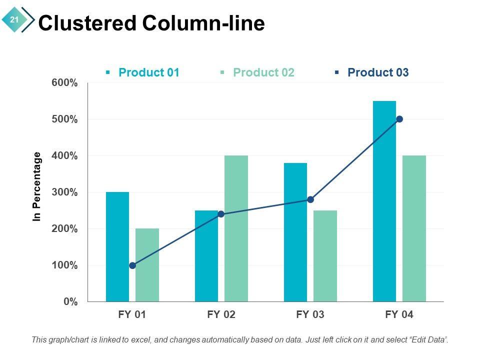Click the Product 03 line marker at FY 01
coord(132,265)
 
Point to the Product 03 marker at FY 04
coord(399,119)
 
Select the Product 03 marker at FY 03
coord(310,199)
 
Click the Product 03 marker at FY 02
coord(221,214)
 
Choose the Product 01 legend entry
coord(148,72)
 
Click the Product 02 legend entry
coord(263,72)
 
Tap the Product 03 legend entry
coord(377,72)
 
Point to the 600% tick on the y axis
coord(64,83)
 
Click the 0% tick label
coord(70,301)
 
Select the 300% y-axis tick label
coord(64,192)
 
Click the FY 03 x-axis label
coord(310,315)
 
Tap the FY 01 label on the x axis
coord(132,315)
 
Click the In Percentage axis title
coord(36,187)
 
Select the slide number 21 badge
coord(14,20)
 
